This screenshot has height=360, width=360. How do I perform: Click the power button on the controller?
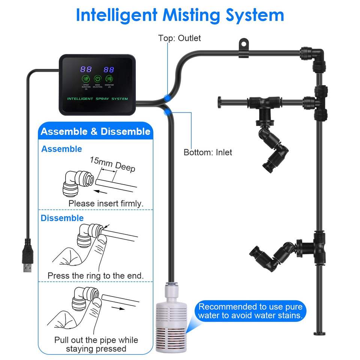pos(97,79)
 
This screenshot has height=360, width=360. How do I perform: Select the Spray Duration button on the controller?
pos(86,79)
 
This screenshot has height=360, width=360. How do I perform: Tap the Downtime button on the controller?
pos(109,79)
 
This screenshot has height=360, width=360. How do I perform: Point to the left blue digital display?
pos(86,69)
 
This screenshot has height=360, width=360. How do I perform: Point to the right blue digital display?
pos(109,69)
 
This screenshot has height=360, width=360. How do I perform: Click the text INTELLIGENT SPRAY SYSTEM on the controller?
pos(97,99)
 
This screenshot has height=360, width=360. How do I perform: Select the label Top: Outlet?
pos(179,38)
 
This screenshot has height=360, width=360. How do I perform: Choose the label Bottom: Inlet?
pos(208,152)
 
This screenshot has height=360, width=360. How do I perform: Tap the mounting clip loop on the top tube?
pos(244,44)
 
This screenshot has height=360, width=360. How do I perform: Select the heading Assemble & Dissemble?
pos(95,132)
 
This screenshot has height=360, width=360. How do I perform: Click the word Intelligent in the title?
pos(116,15)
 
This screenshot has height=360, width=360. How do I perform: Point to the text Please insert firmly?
pos(106,204)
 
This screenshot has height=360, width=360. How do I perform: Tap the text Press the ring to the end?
pos(95,276)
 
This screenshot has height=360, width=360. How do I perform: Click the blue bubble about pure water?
pos(250,311)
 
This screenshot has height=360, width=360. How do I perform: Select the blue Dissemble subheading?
pos(62,218)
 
